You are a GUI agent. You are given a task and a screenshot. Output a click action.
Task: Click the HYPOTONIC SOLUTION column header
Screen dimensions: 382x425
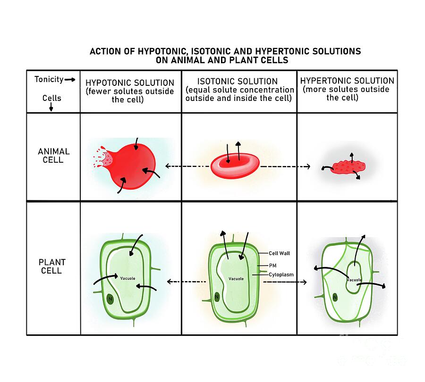pos(130,83)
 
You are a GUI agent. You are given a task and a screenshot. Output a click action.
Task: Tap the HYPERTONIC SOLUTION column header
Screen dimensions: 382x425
pos(347,81)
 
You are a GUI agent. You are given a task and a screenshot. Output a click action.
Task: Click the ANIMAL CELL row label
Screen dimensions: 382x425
pos(54,156)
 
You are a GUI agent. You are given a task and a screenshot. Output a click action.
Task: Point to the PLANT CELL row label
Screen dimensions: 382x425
pos(52,266)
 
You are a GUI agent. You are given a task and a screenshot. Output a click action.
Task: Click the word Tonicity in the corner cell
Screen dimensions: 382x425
pos(49,79)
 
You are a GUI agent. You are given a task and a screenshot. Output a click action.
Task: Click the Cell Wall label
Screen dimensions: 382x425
pos(279,253)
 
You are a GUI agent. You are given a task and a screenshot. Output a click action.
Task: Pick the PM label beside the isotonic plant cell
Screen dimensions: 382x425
pos(272,266)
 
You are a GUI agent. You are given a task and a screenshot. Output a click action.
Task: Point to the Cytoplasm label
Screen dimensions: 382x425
pos(281,274)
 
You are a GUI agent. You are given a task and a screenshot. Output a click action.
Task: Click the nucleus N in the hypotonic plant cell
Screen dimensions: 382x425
pos(110,299)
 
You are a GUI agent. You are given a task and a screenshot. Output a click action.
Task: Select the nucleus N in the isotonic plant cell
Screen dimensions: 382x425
pos(217,297)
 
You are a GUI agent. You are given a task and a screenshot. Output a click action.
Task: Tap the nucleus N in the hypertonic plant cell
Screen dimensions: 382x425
pos(335,297)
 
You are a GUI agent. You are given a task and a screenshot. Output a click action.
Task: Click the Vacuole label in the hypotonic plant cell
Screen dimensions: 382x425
pos(127,278)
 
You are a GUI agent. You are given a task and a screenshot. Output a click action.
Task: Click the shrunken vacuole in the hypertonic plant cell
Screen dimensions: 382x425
pos(354,276)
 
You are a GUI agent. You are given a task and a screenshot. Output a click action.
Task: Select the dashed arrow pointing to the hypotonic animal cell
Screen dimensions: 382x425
pos(187,166)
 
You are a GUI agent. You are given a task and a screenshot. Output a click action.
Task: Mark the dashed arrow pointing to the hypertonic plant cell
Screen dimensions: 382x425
pos(284,282)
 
